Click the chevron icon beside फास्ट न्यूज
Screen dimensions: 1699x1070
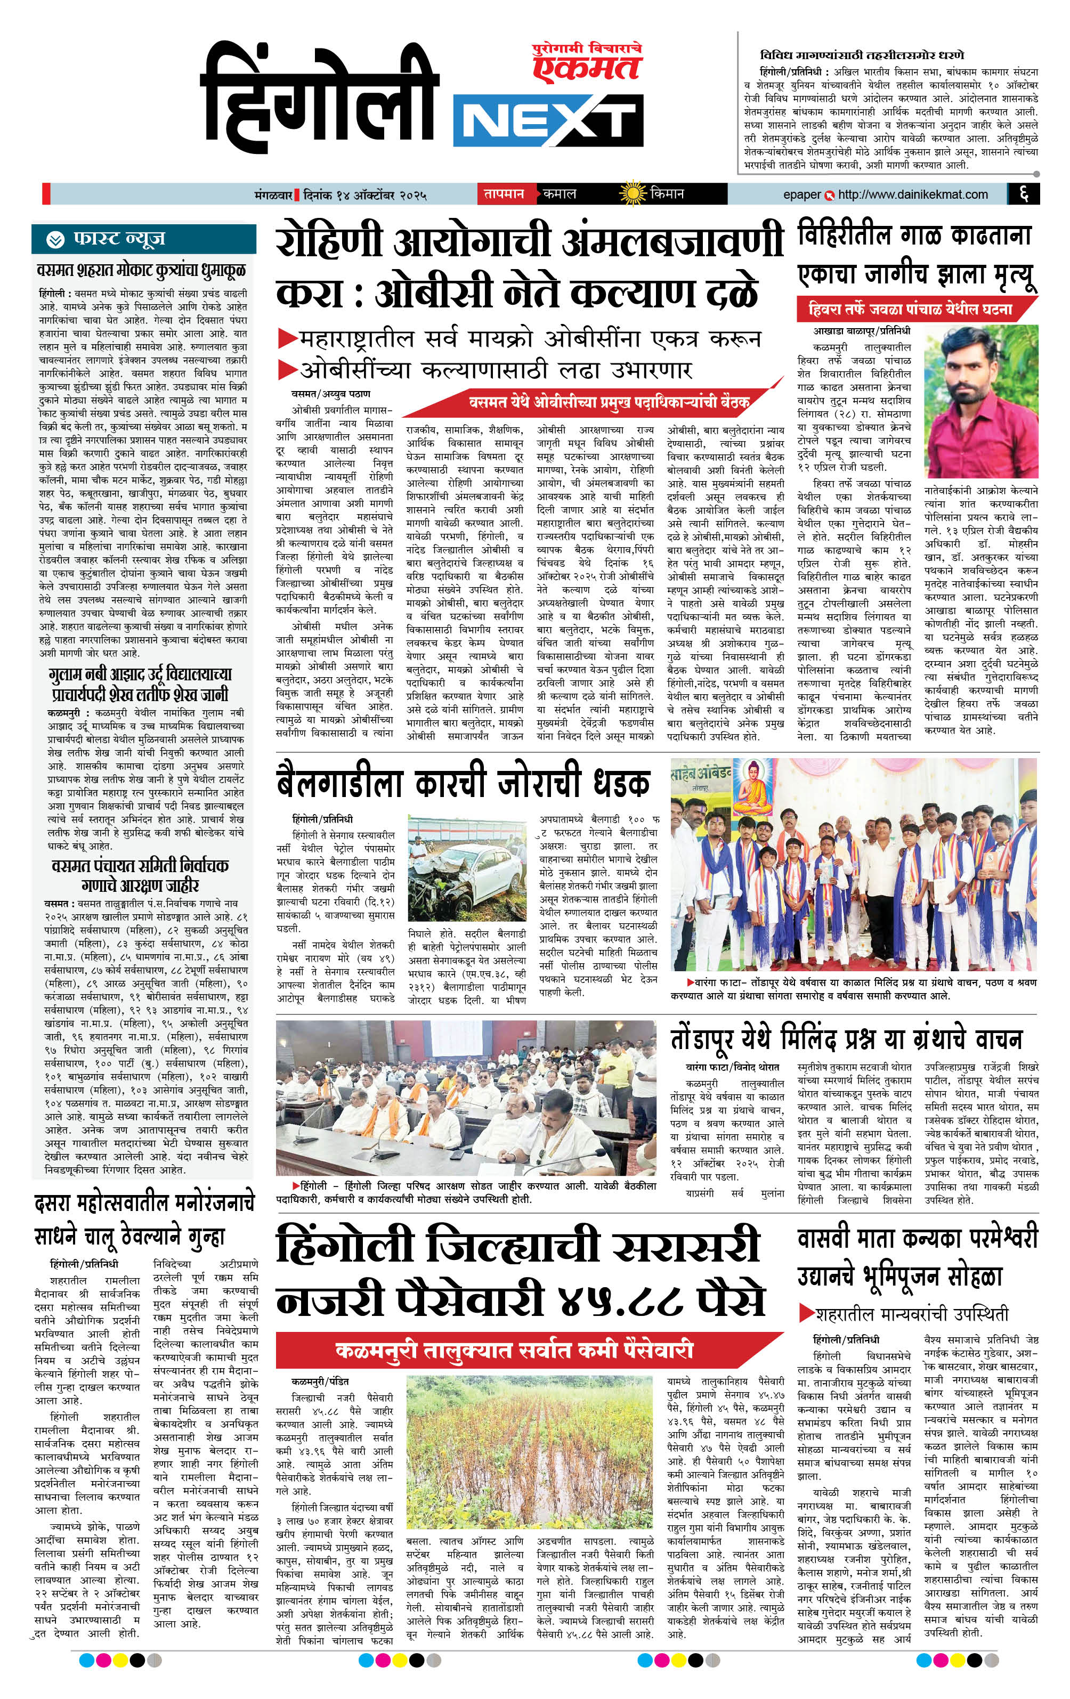pos(55,240)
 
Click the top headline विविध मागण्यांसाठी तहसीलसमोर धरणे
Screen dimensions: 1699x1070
pos(863,54)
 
